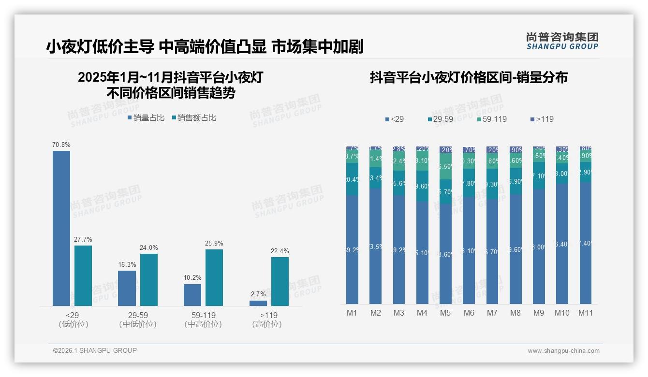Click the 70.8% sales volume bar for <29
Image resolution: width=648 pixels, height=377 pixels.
[x=61, y=228]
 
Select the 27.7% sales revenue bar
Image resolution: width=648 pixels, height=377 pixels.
[x=83, y=275]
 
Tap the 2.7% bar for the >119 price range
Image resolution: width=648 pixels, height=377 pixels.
[x=258, y=303]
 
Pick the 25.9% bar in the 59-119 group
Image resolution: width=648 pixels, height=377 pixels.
[x=214, y=277]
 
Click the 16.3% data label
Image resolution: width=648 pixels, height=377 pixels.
[x=127, y=264]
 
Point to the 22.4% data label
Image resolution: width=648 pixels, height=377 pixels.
[x=280, y=251]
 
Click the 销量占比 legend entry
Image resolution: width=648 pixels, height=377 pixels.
[x=146, y=118]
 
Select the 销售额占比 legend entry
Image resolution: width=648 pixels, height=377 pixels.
[x=193, y=118]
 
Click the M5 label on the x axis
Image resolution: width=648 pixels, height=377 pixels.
[x=445, y=313]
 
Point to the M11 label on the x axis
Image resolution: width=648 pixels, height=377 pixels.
[x=586, y=313]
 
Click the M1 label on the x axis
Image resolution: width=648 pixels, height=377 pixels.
[x=352, y=313]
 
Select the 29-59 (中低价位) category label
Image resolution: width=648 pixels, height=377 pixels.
[x=138, y=319]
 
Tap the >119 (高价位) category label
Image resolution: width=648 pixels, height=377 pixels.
[x=267, y=319]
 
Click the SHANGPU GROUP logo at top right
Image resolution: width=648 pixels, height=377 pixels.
[x=562, y=41]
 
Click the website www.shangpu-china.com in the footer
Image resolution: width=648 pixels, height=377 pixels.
[x=563, y=351]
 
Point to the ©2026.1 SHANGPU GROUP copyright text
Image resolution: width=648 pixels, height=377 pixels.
[x=95, y=350]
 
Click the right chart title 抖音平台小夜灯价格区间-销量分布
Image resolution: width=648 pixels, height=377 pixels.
[x=469, y=77]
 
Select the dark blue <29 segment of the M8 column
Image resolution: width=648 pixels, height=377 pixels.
[x=515, y=249]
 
